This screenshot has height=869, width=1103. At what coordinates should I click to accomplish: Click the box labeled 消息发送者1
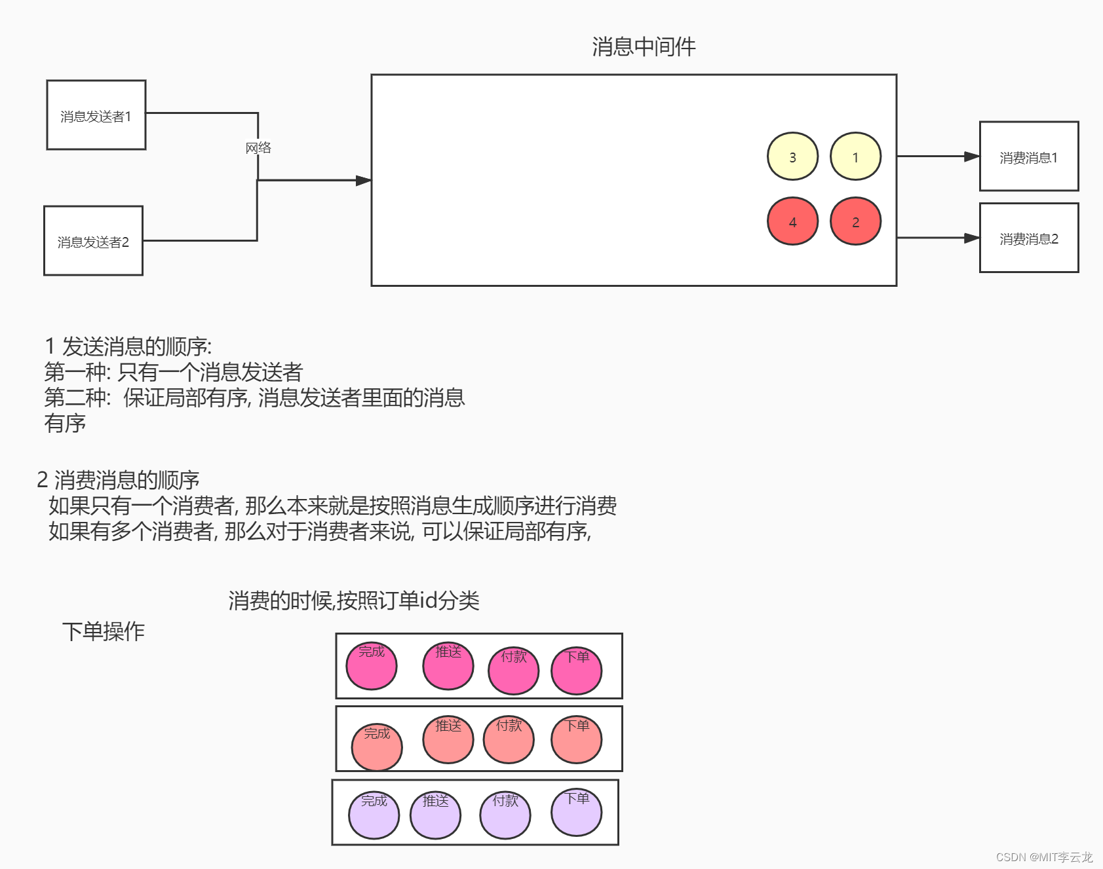point(96,115)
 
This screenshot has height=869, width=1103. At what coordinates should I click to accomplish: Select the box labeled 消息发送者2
point(93,241)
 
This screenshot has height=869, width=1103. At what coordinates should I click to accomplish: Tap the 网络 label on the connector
point(258,148)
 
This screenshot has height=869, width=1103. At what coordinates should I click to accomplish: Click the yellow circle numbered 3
point(792,157)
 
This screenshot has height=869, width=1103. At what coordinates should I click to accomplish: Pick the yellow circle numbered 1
point(855,157)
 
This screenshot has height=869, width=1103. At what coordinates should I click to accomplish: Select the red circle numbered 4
point(792,221)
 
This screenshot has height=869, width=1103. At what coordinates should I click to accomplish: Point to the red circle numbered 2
point(855,221)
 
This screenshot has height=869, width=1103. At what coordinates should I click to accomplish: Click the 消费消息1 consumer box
point(1028,157)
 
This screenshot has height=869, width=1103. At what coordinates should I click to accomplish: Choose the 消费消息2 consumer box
point(1028,238)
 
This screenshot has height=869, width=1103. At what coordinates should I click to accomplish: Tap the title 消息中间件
point(644,46)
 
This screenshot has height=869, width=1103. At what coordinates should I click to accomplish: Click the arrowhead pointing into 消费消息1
point(971,157)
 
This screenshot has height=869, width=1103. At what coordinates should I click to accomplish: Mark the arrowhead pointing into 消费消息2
point(971,238)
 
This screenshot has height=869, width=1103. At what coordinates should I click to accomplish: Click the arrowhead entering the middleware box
point(363,180)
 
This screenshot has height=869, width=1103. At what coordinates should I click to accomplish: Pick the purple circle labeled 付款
point(505,815)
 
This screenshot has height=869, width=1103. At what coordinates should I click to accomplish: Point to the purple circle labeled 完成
point(374,815)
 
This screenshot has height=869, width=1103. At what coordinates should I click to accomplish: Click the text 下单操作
point(104,631)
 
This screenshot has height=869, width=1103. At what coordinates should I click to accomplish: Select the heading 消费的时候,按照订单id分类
point(354,601)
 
